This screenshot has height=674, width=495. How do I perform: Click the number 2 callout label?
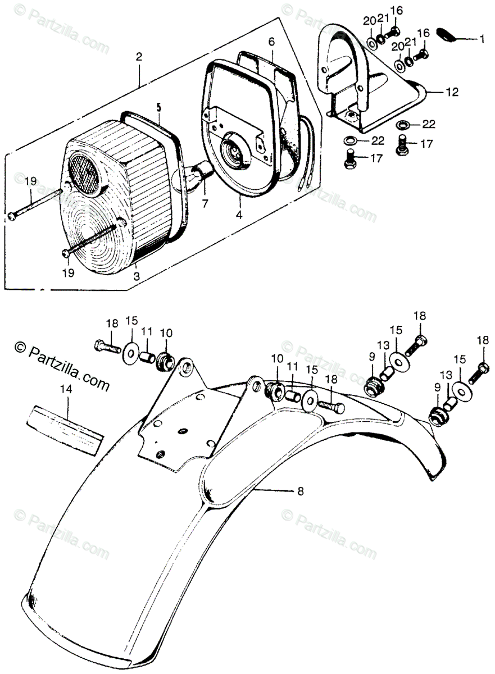[x=139, y=57]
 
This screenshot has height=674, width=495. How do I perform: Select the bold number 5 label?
[x=159, y=106]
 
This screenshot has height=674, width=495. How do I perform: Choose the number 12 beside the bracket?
[x=452, y=91]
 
